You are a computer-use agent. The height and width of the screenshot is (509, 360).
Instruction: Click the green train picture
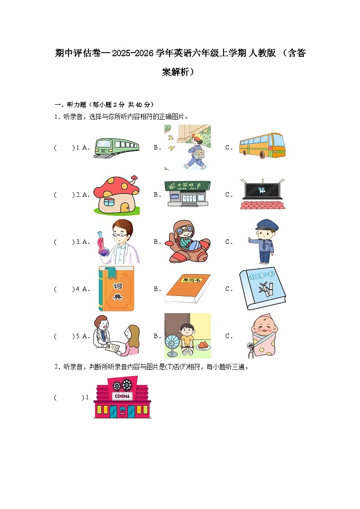pyautogui.click(x=116, y=147)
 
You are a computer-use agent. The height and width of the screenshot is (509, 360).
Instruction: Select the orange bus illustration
pyautogui.click(x=262, y=145)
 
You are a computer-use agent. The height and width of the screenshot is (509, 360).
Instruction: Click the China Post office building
pyautogui.click(x=187, y=194)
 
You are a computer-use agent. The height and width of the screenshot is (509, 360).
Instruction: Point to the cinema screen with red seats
pyautogui.click(x=262, y=194)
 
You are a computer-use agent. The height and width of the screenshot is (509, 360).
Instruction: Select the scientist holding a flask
pyautogui.click(x=119, y=242)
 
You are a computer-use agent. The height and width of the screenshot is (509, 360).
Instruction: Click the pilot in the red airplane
pyautogui.click(x=187, y=242)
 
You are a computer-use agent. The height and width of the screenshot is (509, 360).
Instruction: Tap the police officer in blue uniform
pyautogui.click(x=262, y=242)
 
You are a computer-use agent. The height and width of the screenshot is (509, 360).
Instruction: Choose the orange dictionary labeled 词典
pyautogui.click(x=117, y=289)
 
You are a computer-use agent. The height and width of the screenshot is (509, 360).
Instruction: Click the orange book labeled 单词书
pyautogui.click(x=187, y=288)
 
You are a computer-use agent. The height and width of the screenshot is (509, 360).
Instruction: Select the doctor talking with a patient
pyautogui.click(x=116, y=336)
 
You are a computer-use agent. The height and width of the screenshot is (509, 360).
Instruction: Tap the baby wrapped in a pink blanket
pyautogui.click(x=263, y=336)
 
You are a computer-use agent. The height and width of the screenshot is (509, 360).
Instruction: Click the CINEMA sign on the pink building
pyautogui.click(x=122, y=396)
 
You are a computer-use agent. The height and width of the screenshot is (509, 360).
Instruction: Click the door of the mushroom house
pyautogui.click(x=124, y=207)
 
